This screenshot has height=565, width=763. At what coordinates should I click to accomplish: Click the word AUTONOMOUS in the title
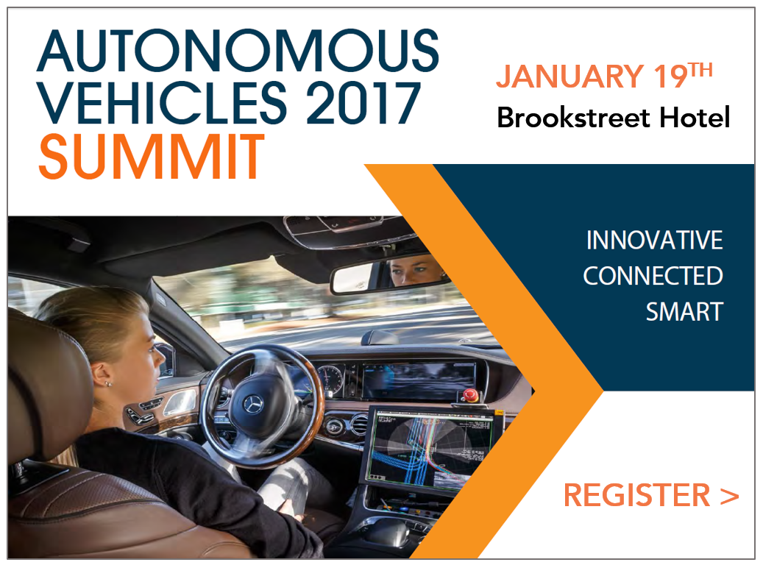click(x=238, y=51)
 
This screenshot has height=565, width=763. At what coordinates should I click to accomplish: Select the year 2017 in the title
click(x=363, y=103)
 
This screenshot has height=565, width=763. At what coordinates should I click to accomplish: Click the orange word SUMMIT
click(x=152, y=157)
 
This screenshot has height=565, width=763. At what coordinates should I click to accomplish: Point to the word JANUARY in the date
click(x=569, y=77)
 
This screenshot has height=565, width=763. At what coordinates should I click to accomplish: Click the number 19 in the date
click(x=670, y=77)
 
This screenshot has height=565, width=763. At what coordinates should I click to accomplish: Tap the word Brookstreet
click(x=573, y=118)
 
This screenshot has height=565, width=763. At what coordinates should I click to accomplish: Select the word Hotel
click(x=695, y=118)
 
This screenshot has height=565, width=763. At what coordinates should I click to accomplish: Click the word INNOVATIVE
click(x=655, y=241)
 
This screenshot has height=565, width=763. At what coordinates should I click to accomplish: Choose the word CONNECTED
click(x=653, y=276)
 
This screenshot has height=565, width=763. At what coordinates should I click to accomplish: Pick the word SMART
click(x=685, y=312)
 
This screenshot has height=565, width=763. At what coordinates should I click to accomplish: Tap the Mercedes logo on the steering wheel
click(x=253, y=403)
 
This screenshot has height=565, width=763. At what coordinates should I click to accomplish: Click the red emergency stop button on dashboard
click(x=469, y=394)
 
